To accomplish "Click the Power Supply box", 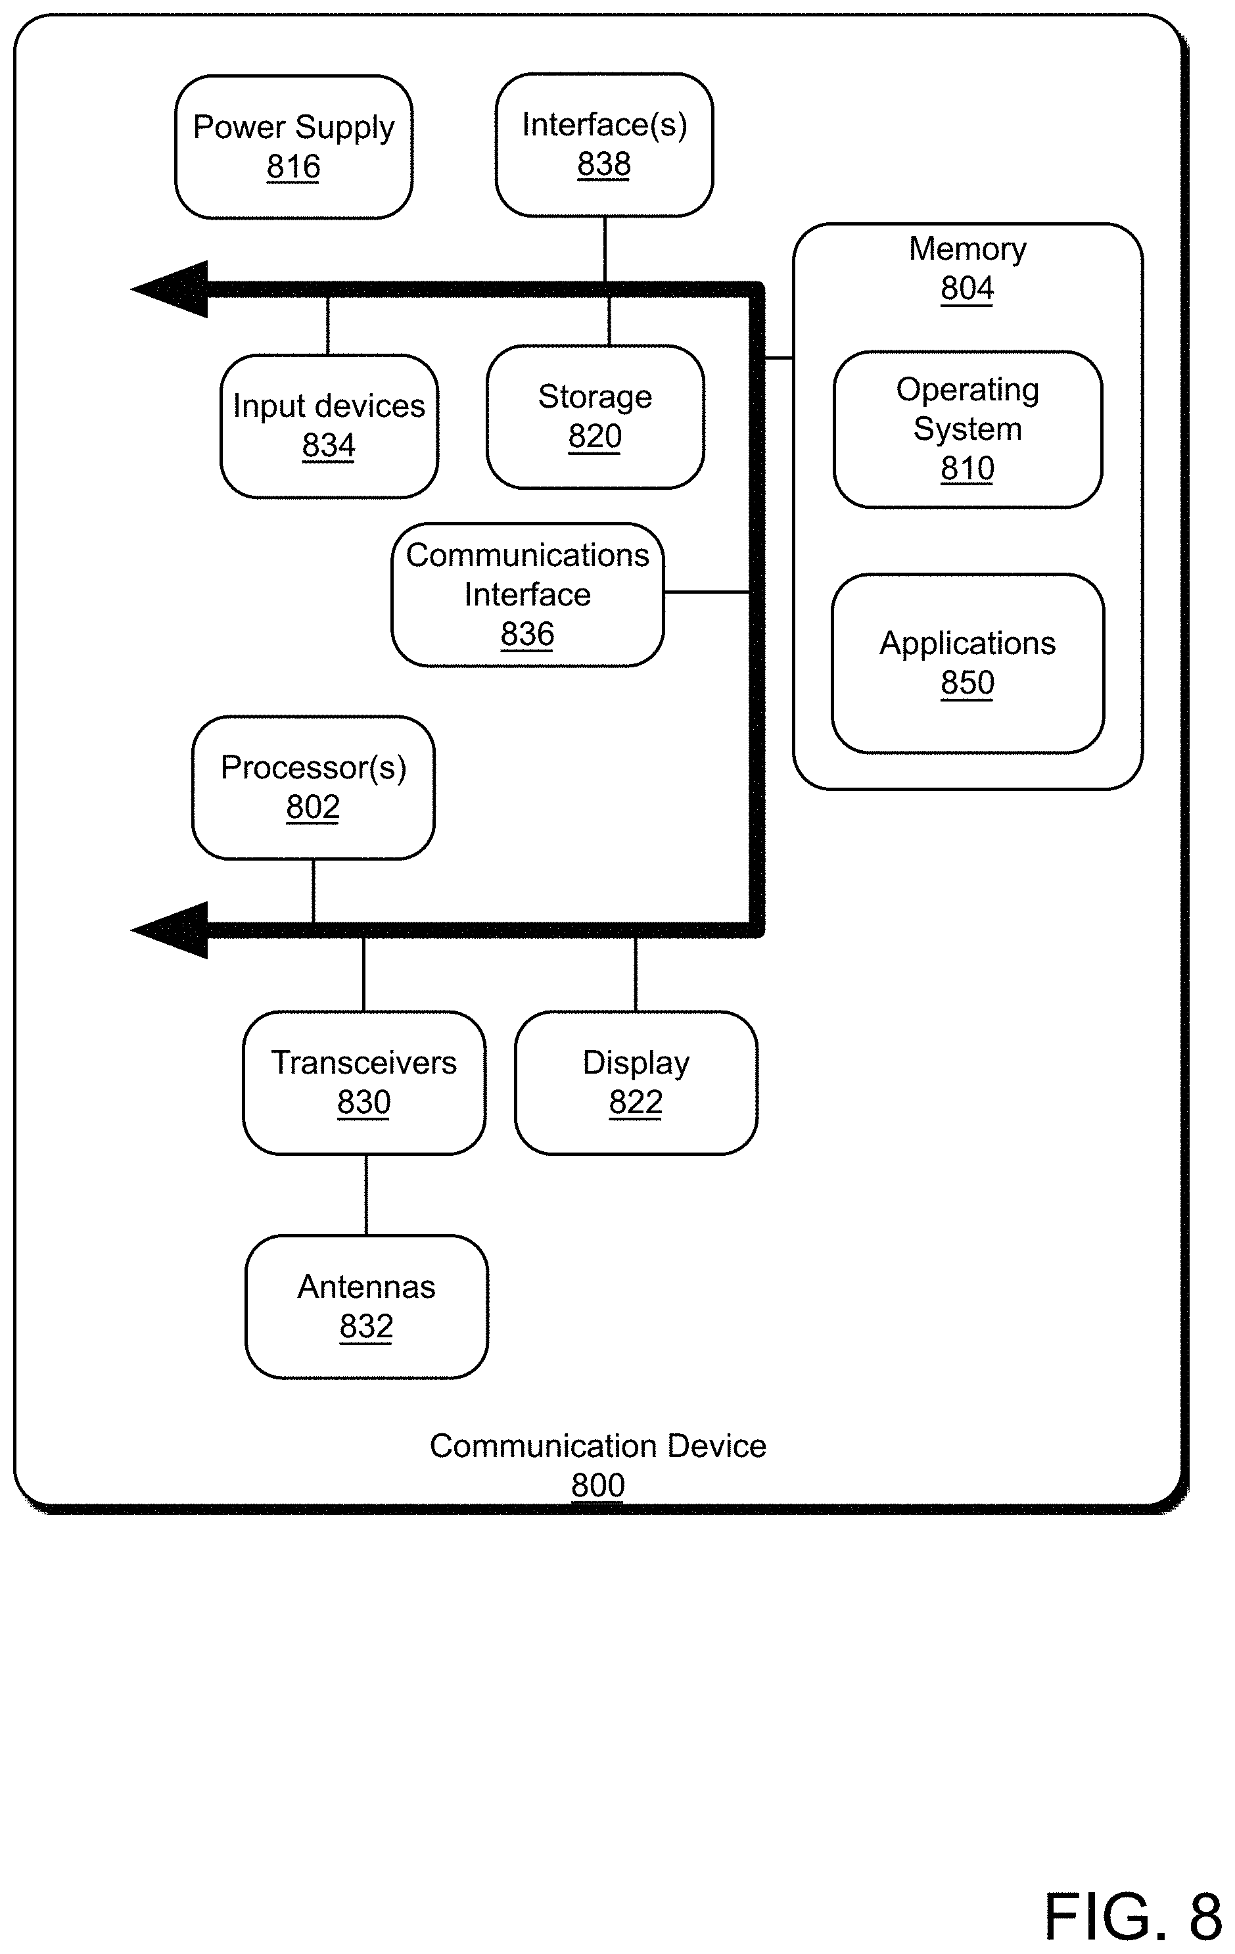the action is pyautogui.click(x=294, y=147).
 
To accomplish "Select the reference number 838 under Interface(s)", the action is pyautogui.click(x=604, y=165).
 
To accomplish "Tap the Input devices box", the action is pyautogui.click(x=329, y=426).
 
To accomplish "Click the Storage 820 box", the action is pyautogui.click(x=595, y=417).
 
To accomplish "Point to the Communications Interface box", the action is pyautogui.click(x=527, y=595).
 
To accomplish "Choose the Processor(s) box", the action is pyautogui.click(x=314, y=788).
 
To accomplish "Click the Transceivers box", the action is pyautogui.click(x=364, y=1082).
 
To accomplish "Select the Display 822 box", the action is pyautogui.click(x=636, y=1082).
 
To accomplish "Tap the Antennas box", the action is pyautogui.click(x=367, y=1306).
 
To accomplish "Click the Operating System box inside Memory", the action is pyautogui.click(x=968, y=429).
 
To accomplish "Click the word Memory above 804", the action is pyautogui.click(x=968, y=249).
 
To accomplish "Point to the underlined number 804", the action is pyautogui.click(x=967, y=289).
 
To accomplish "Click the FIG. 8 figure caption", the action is pyautogui.click(x=1132, y=1917).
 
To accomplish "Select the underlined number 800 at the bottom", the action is pyautogui.click(x=598, y=1486).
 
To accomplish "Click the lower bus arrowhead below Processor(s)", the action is pyautogui.click(x=170, y=930).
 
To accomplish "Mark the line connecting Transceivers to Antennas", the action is pyautogui.click(x=366, y=1195).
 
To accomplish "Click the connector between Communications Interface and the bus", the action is pyautogui.click(x=707, y=592).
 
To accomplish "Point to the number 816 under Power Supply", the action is pyautogui.click(x=294, y=167).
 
